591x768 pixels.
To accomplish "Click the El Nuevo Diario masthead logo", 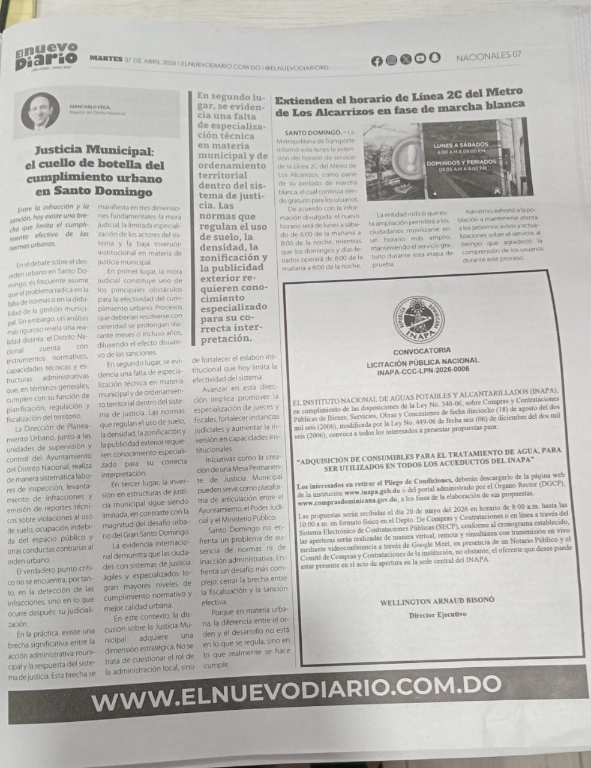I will click(46, 55).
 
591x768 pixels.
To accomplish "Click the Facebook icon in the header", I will click(377, 60).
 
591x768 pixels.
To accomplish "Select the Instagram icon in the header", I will click(391, 59).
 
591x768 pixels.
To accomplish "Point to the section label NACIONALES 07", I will click(488, 56).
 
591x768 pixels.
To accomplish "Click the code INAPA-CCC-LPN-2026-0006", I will click(424, 371).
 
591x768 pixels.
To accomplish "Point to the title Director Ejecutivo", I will click(437, 615).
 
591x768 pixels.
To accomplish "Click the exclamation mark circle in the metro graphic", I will click(409, 160).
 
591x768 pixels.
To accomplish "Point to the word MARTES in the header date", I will click(106, 59).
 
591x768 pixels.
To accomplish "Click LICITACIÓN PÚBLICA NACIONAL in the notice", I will click(422, 361).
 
